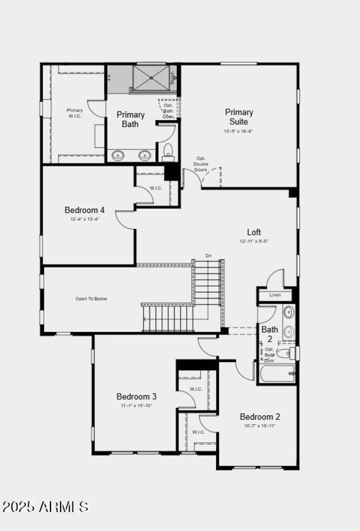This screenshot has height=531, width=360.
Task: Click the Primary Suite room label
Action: tap(239, 117)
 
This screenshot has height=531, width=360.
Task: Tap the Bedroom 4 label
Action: tap(85, 210)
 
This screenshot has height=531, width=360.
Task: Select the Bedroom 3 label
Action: tap(136, 396)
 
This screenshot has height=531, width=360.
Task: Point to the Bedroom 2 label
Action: tap(260, 417)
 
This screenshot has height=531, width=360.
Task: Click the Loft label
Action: tap(254, 232)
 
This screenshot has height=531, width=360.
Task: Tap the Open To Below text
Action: tap(91, 299)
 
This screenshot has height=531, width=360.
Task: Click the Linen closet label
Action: tap(275, 295)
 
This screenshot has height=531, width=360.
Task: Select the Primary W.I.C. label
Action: tap(75, 113)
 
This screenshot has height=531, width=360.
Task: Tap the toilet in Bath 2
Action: tap(284, 354)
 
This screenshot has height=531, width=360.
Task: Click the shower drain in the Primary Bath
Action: tap(152, 78)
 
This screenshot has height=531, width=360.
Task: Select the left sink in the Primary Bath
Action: tap(118, 155)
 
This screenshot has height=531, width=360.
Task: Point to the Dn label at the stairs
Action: tap(208, 256)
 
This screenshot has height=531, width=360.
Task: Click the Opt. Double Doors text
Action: tap(201, 164)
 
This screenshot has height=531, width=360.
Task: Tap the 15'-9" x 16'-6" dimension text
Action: tap(238, 131)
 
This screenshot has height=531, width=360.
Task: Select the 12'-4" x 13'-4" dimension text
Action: tap(85, 219)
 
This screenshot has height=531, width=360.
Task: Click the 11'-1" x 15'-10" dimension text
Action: tap(136, 405)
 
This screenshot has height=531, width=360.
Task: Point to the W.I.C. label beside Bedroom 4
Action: tap(156, 188)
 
